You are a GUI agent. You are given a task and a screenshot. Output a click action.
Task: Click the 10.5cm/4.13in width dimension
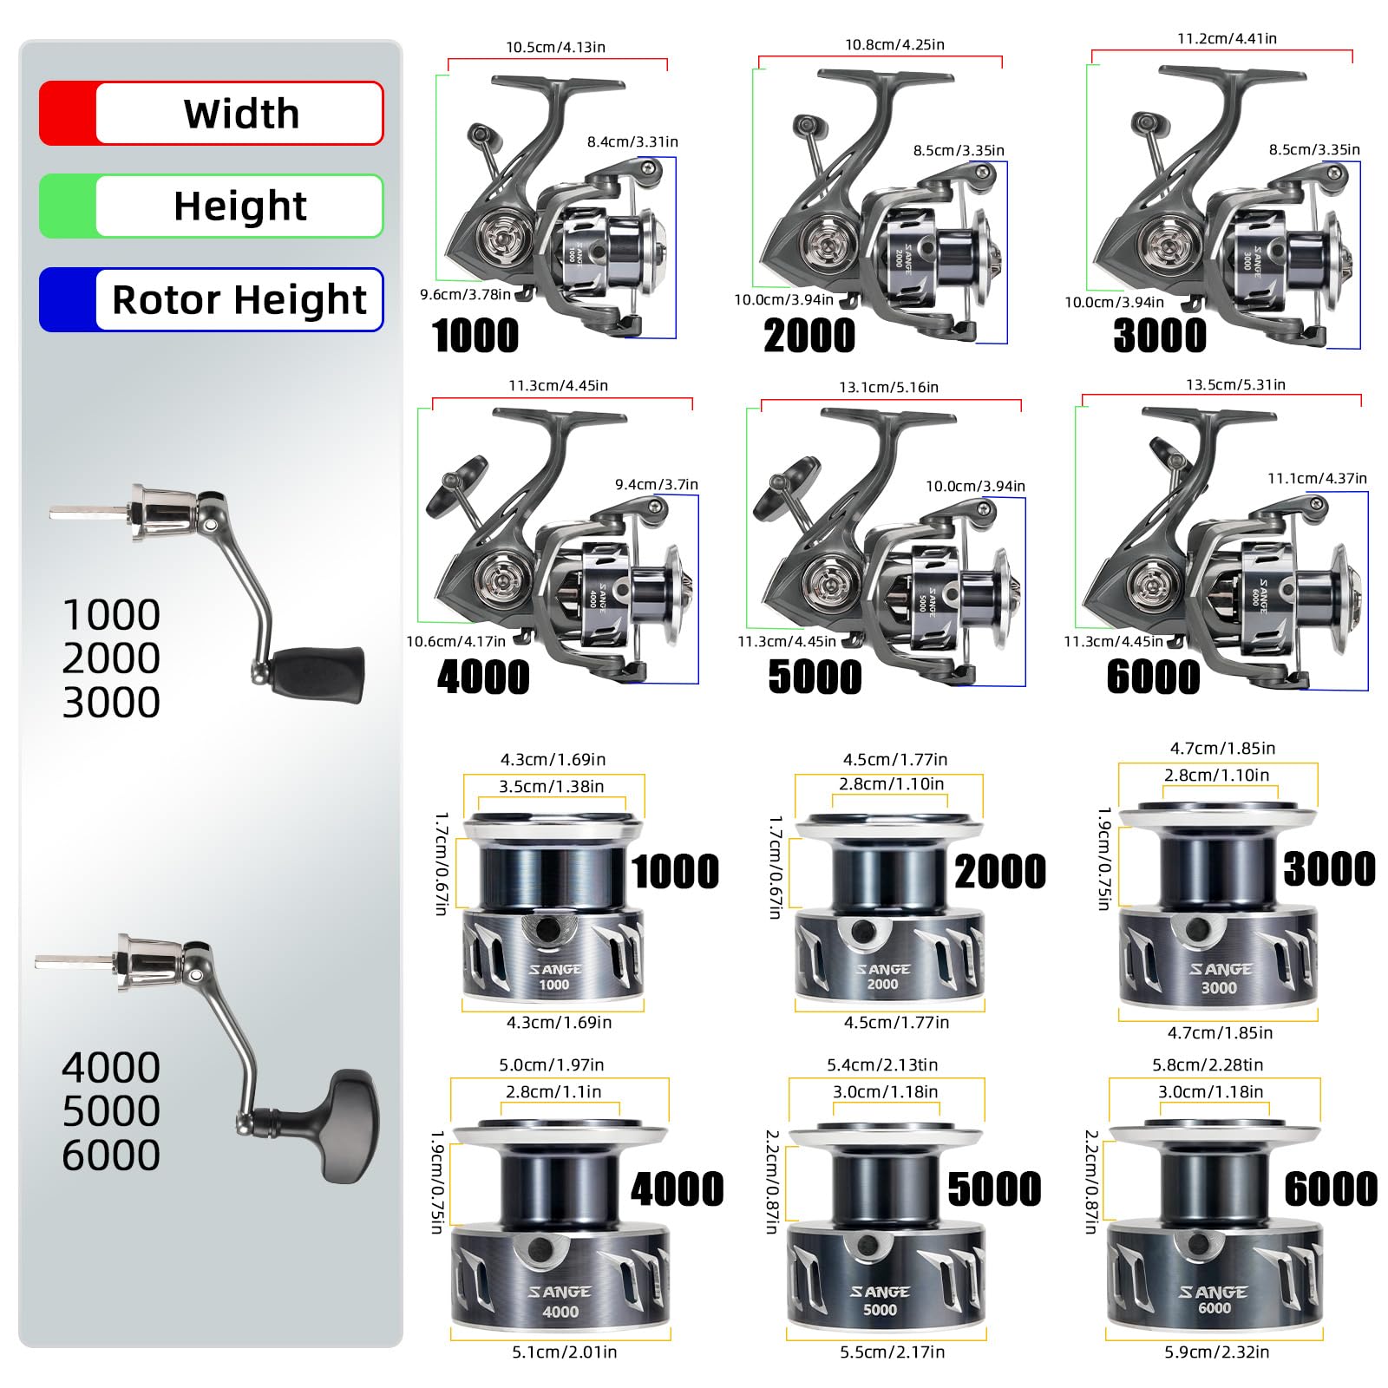[555, 47]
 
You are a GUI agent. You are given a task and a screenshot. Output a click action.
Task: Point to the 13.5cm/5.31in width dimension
[1235, 384]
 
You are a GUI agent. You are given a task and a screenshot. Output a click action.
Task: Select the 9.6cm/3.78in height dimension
[465, 294]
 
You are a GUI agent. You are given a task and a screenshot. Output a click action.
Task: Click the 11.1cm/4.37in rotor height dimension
[1317, 478]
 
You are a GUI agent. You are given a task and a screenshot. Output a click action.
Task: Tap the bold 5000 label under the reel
[815, 677]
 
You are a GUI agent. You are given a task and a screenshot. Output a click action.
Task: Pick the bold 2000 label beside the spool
[1000, 871]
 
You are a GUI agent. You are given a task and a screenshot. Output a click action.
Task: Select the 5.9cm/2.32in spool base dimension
[1216, 1352]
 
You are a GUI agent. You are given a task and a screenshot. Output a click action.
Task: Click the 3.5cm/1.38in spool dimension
[551, 786]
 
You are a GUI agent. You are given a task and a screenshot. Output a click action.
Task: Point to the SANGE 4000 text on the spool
[560, 1301]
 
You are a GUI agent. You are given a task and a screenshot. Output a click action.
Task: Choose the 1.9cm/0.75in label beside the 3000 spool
[1103, 858]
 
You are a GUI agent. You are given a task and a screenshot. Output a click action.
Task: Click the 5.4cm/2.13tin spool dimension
[882, 1064]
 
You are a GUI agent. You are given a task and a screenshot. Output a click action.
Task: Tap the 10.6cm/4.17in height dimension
[455, 641]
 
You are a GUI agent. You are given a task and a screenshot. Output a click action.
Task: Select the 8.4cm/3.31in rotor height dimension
[632, 141]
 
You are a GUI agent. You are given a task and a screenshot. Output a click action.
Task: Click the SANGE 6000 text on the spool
[1214, 1300]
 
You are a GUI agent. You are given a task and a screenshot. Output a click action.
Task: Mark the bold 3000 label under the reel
[1160, 336]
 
